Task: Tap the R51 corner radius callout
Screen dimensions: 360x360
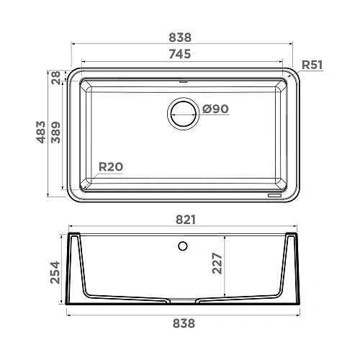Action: point(311,65)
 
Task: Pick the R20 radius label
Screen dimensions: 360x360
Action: point(110,167)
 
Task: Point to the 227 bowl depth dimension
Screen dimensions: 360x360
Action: point(235,268)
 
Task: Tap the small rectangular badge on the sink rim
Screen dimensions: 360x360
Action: point(275,195)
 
